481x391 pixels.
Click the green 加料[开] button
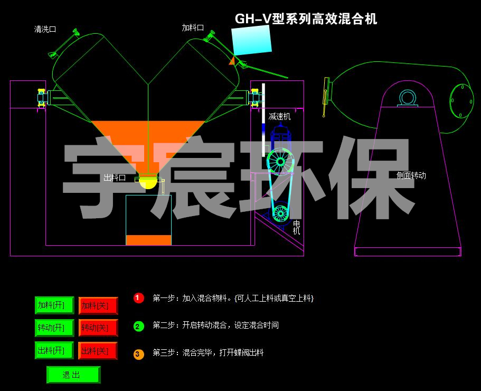pos(54,305)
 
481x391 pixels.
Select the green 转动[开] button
pos(54,328)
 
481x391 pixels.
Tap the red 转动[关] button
pos(98,328)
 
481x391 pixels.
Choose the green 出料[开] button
pos(54,350)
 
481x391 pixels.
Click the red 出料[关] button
pos(98,351)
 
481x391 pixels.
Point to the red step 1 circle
pos(139,298)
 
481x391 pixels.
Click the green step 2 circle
pos(139,326)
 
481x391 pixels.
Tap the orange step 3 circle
pos(139,354)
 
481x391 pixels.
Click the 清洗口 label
pos(45,30)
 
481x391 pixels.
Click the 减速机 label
pos(279,116)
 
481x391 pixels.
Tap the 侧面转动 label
pos(411,175)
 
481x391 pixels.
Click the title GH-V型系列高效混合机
pos(306,20)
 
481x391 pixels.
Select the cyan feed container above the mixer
pos(252,40)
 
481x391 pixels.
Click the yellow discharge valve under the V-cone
pos(148,183)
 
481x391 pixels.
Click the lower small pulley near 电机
pos(280,213)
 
